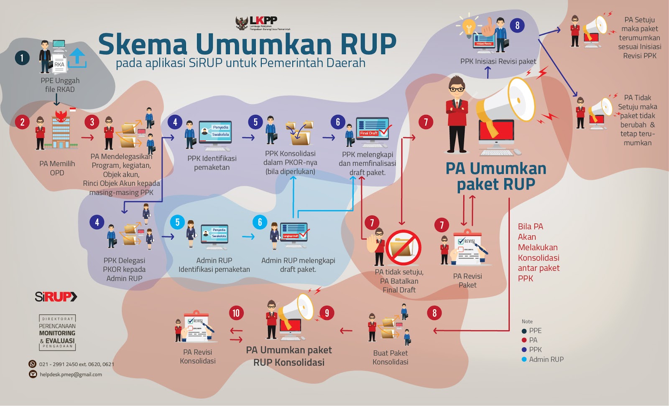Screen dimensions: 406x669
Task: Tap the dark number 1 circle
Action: click(x=22, y=58)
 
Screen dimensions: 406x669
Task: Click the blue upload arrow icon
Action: click(x=77, y=58)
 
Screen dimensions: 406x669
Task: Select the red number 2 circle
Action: click(x=22, y=122)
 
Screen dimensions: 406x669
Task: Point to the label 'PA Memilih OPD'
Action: click(x=57, y=168)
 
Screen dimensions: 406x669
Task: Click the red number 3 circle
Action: click(x=92, y=122)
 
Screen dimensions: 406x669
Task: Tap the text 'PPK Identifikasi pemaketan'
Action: click(x=212, y=163)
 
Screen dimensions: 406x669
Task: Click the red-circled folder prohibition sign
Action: click(x=403, y=247)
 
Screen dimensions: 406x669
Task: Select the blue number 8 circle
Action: click(x=517, y=25)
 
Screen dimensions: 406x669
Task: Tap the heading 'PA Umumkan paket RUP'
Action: click(x=496, y=176)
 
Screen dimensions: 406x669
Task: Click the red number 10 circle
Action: click(x=236, y=313)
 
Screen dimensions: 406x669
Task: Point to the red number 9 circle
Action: click(x=327, y=313)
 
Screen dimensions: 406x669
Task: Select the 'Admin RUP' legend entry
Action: click(x=546, y=359)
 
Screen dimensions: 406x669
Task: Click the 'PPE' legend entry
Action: click(x=535, y=330)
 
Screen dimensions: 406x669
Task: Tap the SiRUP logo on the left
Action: click(x=56, y=297)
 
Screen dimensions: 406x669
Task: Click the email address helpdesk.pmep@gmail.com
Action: click(x=71, y=374)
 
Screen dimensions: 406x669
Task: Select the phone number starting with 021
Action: click(x=76, y=364)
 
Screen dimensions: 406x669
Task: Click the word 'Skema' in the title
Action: click(x=143, y=44)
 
